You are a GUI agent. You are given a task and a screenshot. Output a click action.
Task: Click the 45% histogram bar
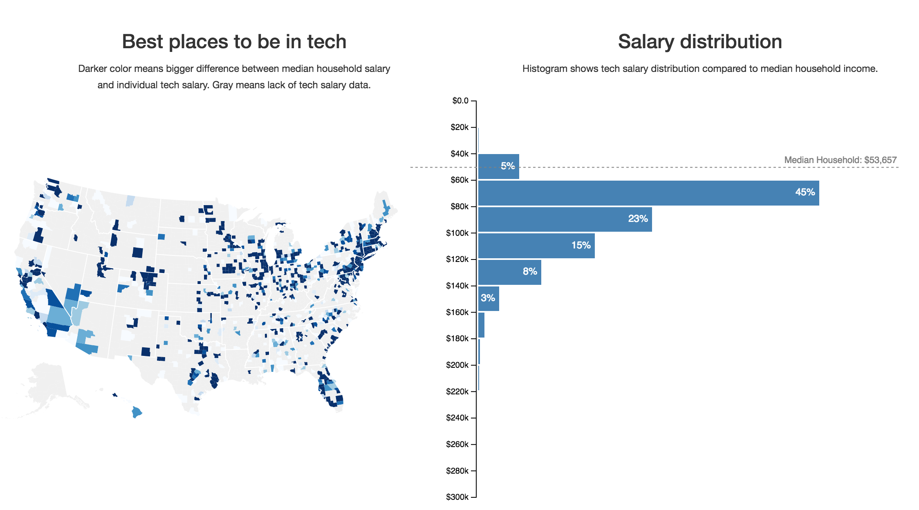(x=648, y=193)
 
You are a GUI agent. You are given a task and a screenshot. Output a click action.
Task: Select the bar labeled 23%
(x=565, y=219)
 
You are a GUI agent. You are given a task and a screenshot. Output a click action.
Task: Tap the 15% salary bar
(x=536, y=246)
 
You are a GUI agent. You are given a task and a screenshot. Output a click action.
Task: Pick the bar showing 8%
(x=509, y=272)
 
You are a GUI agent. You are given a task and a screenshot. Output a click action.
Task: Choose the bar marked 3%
(x=489, y=298)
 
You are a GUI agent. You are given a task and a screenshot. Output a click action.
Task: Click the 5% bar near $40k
(x=498, y=166)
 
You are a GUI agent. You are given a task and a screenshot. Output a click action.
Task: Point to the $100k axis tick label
(x=457, y=233)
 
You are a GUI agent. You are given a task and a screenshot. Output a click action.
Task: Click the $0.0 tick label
(x=460, y=101)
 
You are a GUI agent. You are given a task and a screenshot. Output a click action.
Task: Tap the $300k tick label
(x=457, y=497)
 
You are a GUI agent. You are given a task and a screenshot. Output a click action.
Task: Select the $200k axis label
(x=457, y=365)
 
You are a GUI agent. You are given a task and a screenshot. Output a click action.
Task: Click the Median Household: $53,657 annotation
(x=840, y=160)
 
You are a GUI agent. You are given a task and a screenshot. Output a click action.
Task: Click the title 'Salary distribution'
(x=700, y=42)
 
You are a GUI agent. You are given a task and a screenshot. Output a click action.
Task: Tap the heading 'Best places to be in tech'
(x=234, y=42)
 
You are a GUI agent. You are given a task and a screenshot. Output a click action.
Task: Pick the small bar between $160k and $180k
(x=482, y=325)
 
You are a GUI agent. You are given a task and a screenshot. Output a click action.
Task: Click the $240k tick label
(x=457, y=418)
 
